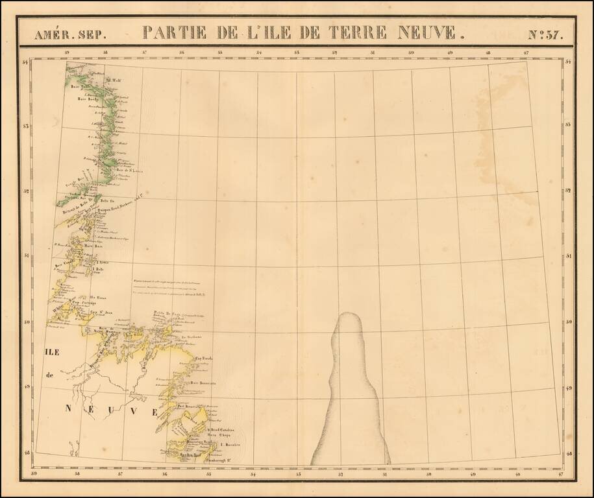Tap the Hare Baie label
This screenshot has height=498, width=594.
94,246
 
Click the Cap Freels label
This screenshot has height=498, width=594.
204,357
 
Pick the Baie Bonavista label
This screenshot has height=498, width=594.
203,383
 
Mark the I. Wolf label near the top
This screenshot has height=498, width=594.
114,80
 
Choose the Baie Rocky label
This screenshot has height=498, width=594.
87,99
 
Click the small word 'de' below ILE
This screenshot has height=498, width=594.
49,375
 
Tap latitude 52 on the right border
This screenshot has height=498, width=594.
568,191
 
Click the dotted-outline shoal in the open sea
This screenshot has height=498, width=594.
351,389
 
